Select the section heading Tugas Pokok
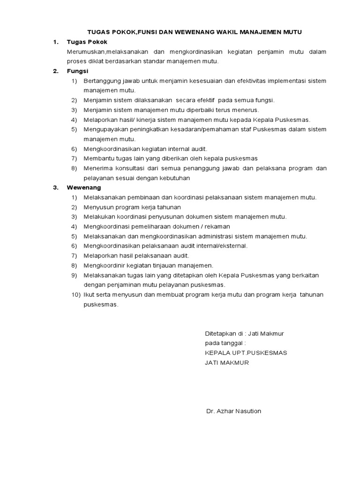click(87, 42)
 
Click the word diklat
click(99, 61)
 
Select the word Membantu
click(97, 158)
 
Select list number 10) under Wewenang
click(76, 294)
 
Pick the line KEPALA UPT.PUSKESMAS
click(246, 353)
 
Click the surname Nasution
click(247, 411)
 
